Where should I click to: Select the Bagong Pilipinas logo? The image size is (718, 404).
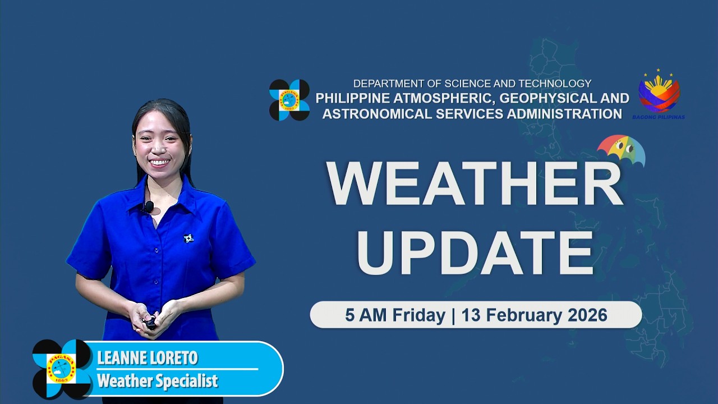[x=659, y=94]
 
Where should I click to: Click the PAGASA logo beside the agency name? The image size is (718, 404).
[x=289, y=100]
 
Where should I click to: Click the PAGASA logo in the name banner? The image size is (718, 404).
[x=62, y=369]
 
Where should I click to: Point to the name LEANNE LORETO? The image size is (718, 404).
[x=147, y=358]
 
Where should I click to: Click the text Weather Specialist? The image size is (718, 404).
[x=157, y=381]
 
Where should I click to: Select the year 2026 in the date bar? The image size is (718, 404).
[x=587, y=315]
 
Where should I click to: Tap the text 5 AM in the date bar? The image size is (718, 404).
[x=366, y=315]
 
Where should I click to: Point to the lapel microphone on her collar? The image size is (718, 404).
[x=149, y=206]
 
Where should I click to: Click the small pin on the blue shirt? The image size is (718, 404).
[x=188, y=238]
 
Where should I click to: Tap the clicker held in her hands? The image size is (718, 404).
[x=150, y=323]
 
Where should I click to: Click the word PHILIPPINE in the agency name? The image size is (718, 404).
[x=352, y=98]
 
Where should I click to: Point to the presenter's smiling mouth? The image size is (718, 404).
[x=159, y=163]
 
